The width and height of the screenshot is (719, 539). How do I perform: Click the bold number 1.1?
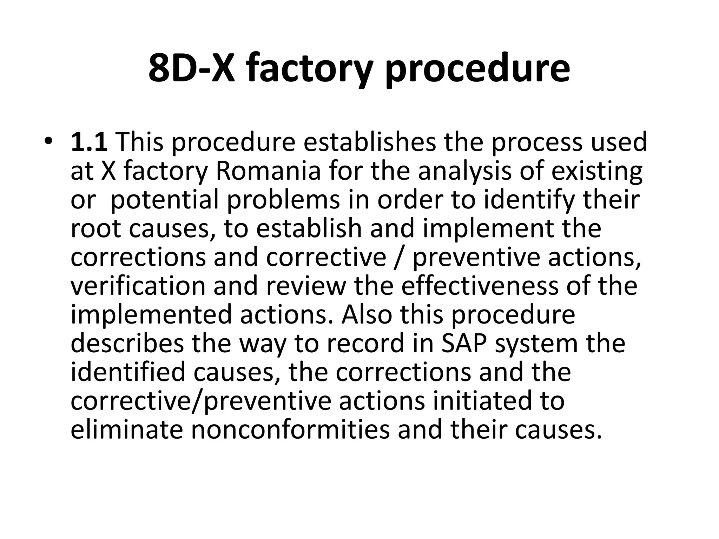[89, 142]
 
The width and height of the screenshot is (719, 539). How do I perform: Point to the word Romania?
[268, 171]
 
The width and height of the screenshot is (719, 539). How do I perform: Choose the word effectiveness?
[479, 286]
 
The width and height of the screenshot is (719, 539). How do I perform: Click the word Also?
[367, 315]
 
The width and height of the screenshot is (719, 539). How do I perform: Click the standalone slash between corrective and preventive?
[399, 258]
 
